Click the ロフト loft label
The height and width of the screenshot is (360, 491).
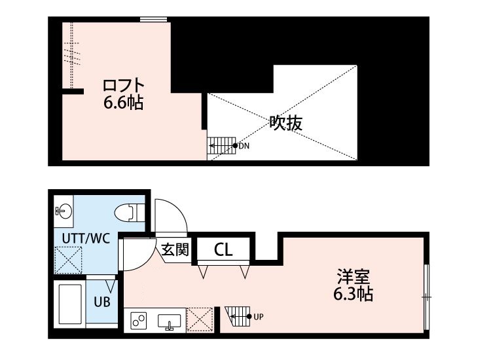click(x=122, y=85)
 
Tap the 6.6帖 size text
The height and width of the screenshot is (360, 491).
click(x=122, y=103)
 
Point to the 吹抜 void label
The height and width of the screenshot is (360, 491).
click(x=285, y=122)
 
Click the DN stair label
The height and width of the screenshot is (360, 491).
click(x=244, y=145)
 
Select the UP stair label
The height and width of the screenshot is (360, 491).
click(x=258, y=317)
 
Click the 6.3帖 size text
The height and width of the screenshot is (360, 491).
click(x=354, y=295)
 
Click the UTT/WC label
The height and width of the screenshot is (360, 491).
click(x=86, y=238)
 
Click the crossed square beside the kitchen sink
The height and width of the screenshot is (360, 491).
click(x=200, y=320)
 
